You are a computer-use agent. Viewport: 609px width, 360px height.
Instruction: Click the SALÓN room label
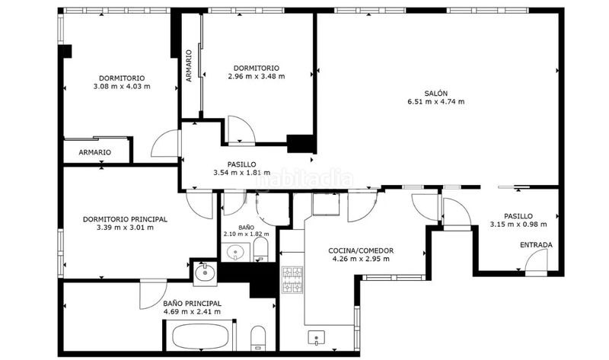pos(435,93)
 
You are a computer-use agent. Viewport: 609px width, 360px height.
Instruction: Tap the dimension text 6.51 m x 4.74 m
pos(435,102)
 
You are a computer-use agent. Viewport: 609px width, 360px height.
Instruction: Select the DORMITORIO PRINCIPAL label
pos(125,219)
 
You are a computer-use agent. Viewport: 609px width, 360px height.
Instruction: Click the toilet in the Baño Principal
pos(258,337)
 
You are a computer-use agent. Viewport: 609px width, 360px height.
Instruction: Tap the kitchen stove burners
pos(292,279)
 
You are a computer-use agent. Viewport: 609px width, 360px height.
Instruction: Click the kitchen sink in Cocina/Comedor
pos(317,337)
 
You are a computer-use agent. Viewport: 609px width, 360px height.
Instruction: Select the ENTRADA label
pos(536,245)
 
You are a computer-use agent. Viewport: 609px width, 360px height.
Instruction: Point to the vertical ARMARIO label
pos(189,65)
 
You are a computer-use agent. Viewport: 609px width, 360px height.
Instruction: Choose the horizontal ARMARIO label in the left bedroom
pos(94,153)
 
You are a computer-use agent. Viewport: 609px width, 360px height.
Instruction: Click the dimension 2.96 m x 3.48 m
pos(257,77)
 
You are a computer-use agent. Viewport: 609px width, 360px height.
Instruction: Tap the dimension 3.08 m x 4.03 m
pos(122,87)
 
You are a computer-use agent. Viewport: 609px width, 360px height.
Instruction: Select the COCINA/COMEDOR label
pos(361,251)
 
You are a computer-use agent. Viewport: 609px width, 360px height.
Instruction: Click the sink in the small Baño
pos(235,253)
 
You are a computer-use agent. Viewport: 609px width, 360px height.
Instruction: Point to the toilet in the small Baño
pos(260,249)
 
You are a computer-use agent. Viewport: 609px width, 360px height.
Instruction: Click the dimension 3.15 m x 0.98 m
pos(518,225)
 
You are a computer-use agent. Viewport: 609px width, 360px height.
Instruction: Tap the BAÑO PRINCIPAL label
pos(193,304)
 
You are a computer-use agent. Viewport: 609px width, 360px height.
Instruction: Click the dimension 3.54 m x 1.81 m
pos(242,173)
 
